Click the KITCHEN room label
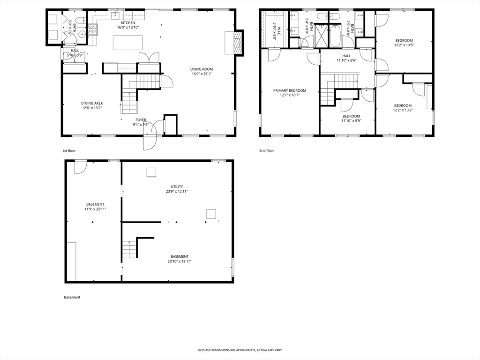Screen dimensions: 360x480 point(127,22)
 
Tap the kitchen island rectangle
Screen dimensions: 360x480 point(127,43)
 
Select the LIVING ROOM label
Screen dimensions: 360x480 point(202,69)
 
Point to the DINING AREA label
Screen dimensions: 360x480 point(92,103)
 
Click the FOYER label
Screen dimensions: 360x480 point(141,120)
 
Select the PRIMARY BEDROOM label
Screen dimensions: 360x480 point(290,90)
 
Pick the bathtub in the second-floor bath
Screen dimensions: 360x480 point(335,37)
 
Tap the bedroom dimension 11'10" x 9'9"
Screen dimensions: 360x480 point(351,121)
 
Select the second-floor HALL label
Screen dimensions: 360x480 point(346,56)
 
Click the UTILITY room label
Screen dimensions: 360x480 point(177,187)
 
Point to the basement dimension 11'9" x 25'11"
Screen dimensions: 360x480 point(95,209)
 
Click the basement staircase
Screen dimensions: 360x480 point(130,249)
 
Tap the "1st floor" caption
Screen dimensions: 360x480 point(69,151)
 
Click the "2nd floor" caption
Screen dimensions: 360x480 point(267,151)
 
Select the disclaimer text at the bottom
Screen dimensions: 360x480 point(240,350)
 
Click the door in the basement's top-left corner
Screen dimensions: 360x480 point(80,167)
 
